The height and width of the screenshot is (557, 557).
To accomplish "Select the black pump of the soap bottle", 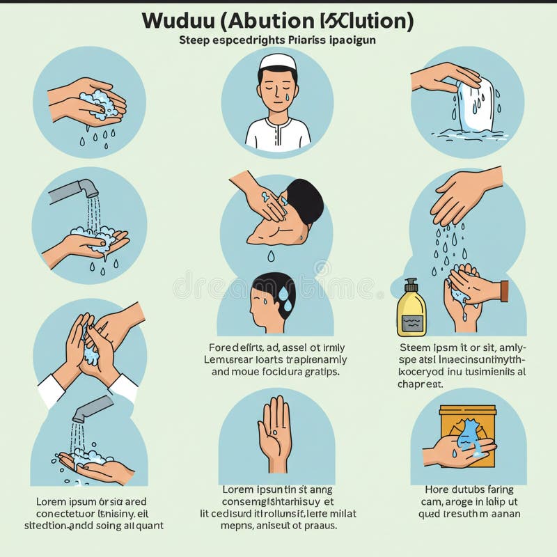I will pos(411,285).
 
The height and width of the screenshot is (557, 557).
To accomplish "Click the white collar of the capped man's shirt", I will pos(278,126).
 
